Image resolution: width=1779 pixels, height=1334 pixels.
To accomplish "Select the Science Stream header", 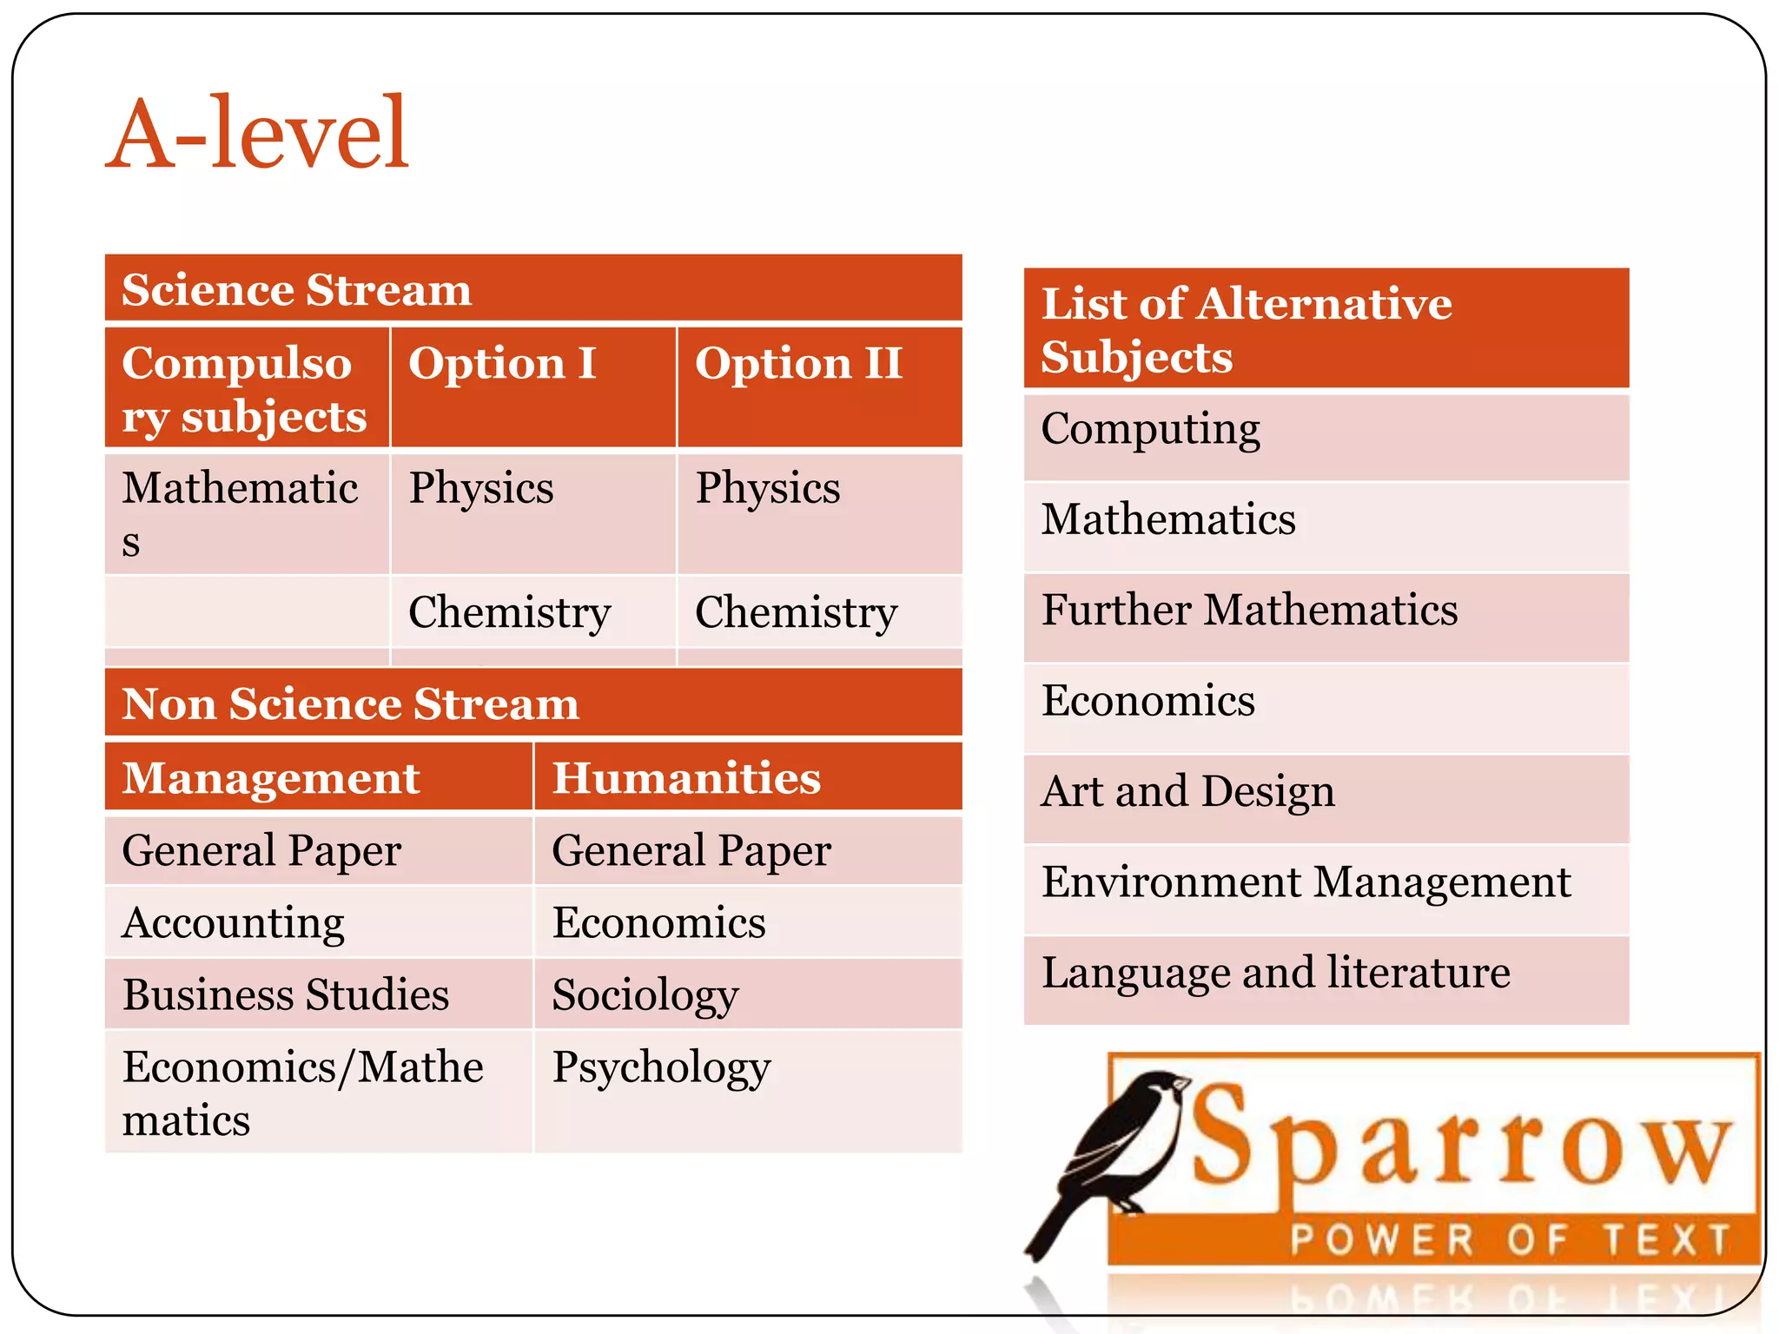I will (x=296, y=289).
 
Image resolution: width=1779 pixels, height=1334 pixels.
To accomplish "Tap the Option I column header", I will (x=502, y=363).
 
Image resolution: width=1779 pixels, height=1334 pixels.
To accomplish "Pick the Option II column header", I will (x=798, y=363).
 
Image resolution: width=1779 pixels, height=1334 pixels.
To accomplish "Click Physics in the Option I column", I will (x=481, y=488).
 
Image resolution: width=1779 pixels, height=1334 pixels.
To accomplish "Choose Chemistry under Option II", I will (x=796, y=612).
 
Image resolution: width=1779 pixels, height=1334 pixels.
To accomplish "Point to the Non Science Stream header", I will (x=350, y=703).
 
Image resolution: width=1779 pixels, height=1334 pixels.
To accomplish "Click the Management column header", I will (x=271, y=777).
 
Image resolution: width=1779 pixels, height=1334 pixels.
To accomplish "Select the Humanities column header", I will (x=686, y=777).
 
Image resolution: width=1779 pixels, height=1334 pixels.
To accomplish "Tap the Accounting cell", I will (x=234, y=922).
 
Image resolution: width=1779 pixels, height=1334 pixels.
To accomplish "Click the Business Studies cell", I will (x=286, y=994).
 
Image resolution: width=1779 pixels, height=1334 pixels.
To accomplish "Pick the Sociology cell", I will (x=645, y=995).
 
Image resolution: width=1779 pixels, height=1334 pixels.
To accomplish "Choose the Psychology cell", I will (x=661, y=1067).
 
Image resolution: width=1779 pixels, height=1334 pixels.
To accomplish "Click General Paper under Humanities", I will (x=691, y=850).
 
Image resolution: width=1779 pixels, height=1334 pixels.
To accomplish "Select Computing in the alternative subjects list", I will (x=1150, y=430).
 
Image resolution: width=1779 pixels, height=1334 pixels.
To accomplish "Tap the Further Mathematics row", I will (x=1249, y=610).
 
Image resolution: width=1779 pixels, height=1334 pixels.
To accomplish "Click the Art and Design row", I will (x=1187, y=792).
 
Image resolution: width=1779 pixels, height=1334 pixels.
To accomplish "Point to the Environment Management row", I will (x=1306, y=882).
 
